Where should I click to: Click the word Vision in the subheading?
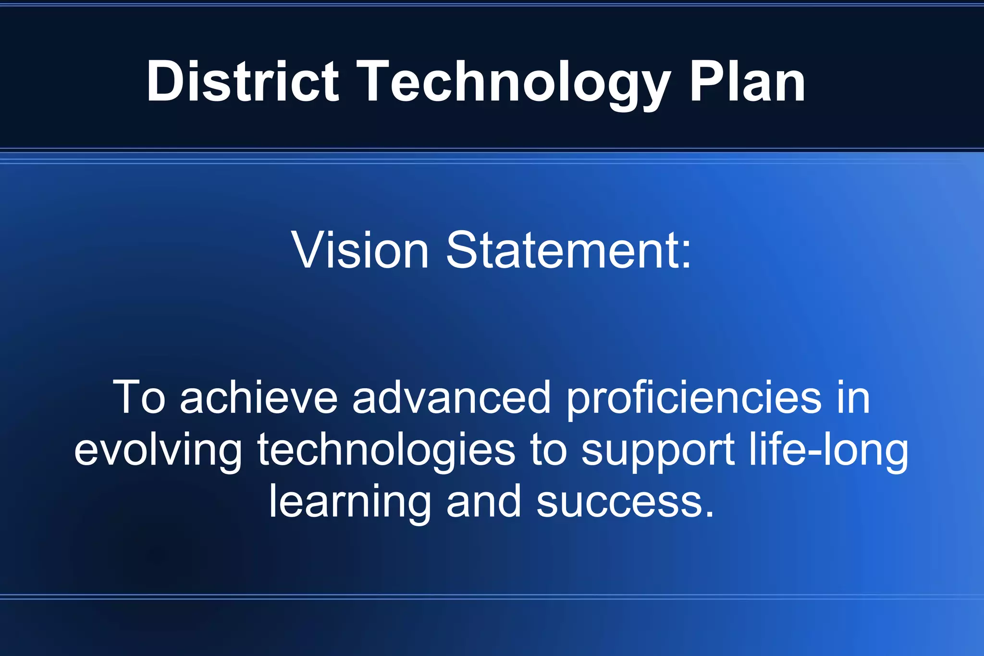[360, 250]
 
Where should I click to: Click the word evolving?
[158, 451]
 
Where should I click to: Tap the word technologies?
[386, 451]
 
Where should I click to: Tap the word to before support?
[548, 450]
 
